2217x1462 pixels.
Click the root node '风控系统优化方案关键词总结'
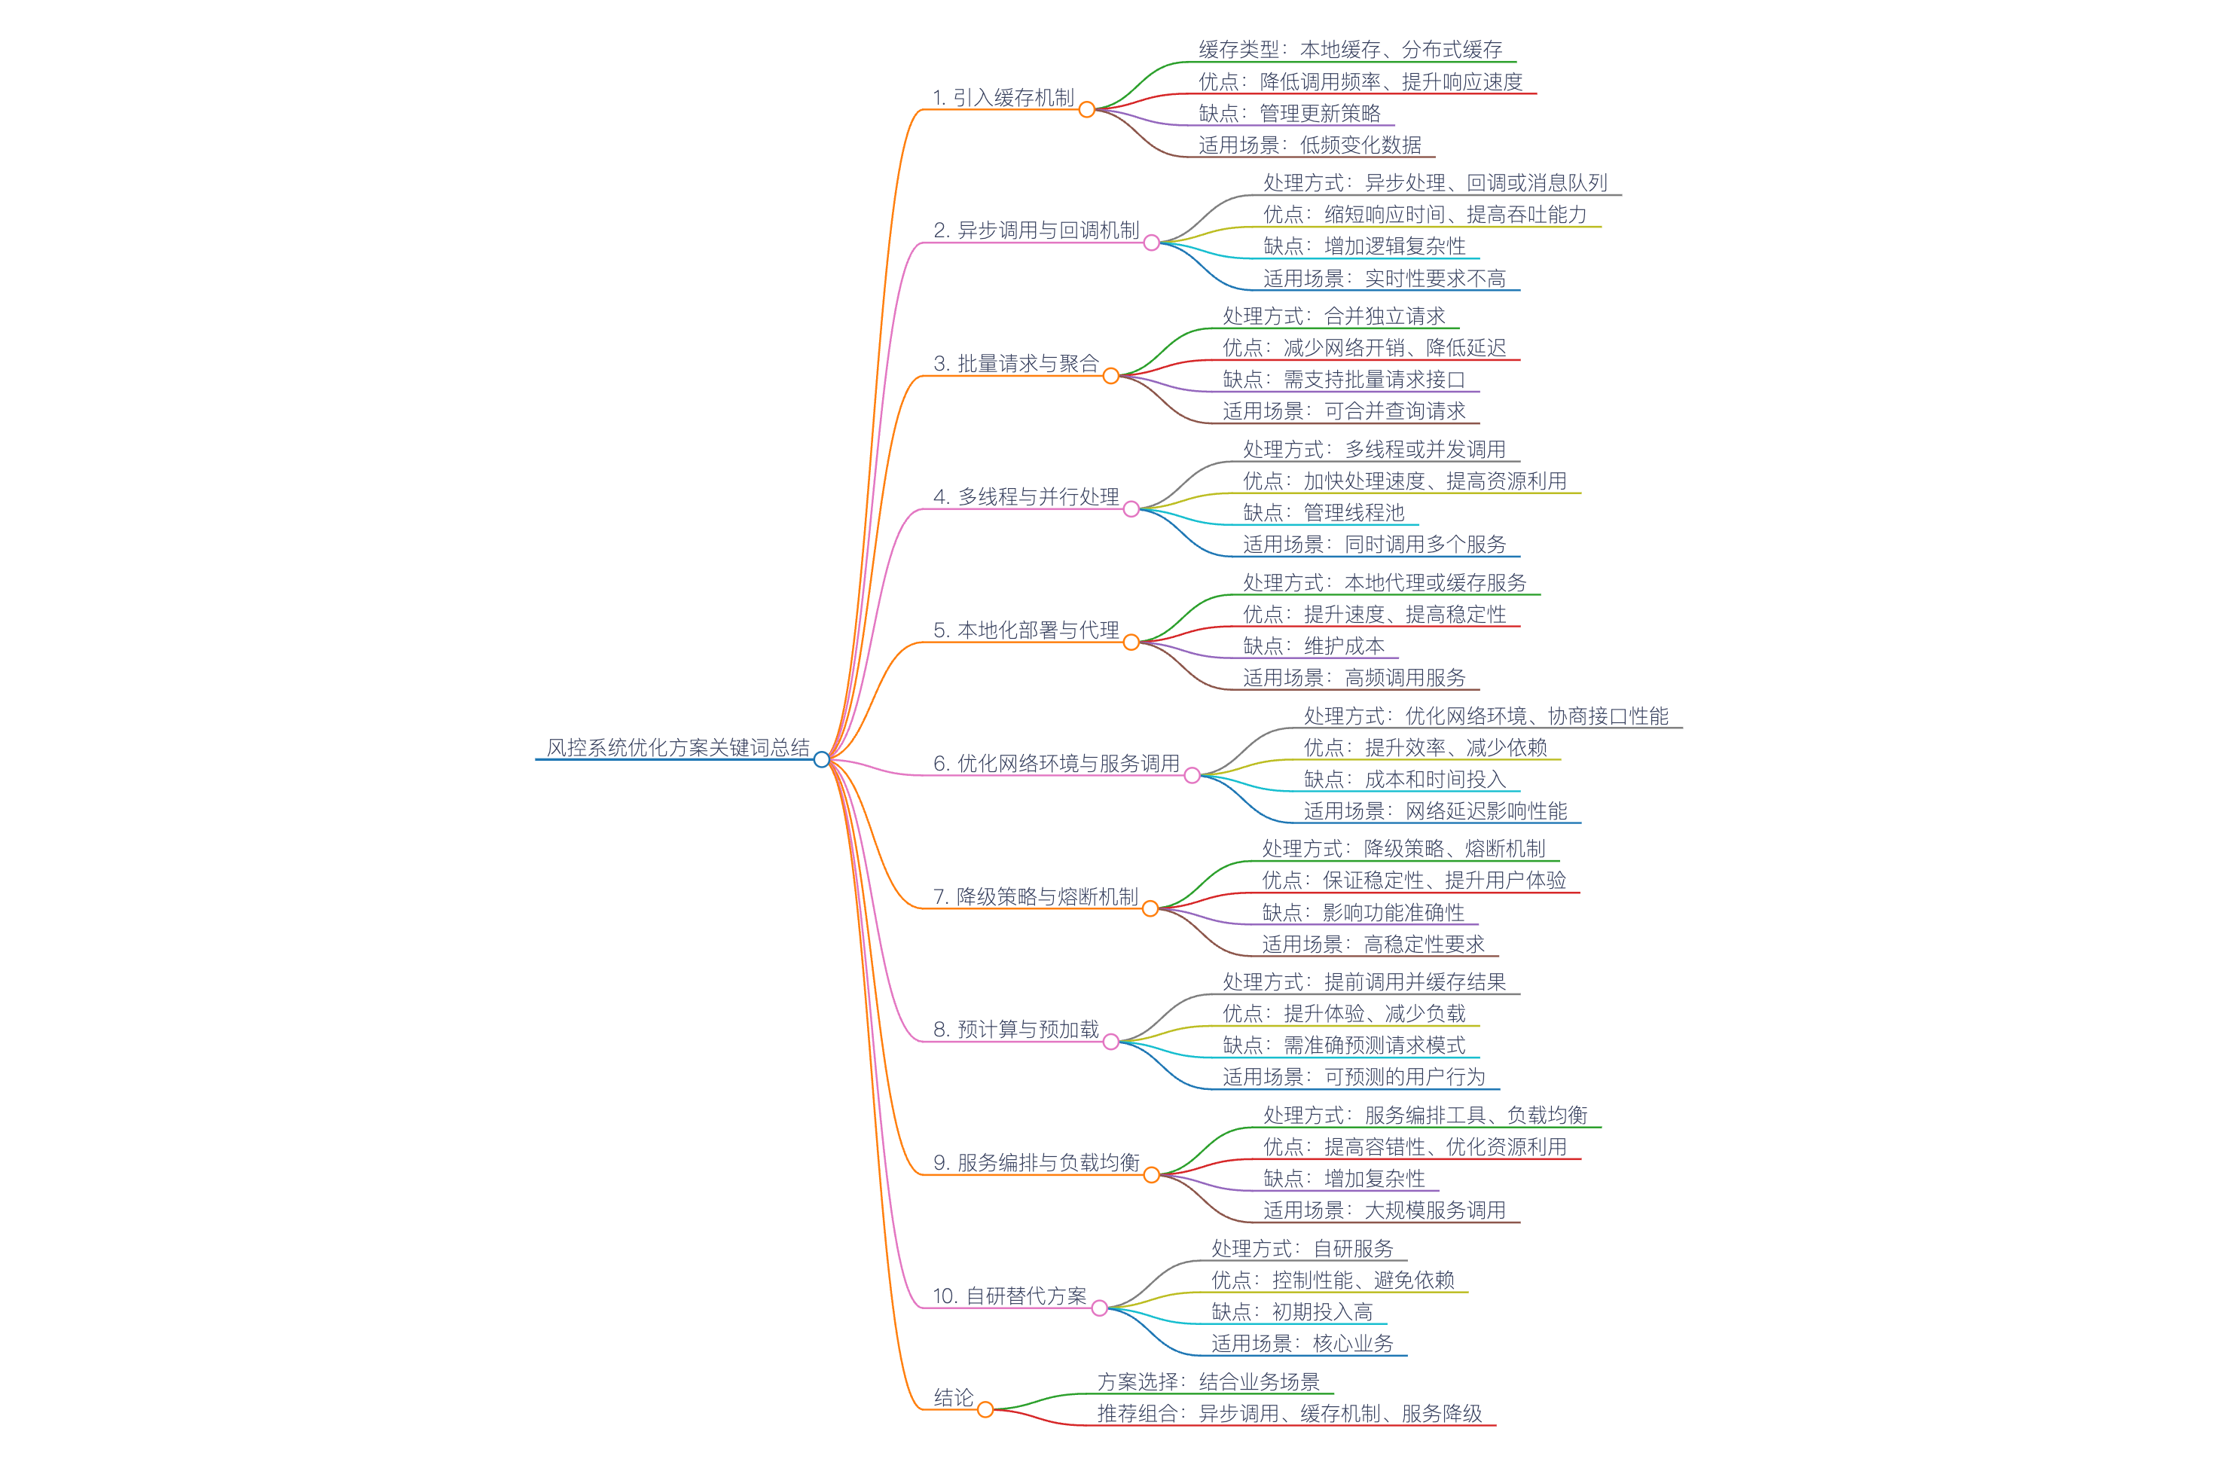[678, 747]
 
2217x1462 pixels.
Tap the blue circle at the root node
[821, 759]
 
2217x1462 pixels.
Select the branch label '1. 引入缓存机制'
[1003, 97]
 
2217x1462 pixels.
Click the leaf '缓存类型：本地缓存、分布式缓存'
[1350, 50]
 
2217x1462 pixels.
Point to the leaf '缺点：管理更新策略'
[1290, 113]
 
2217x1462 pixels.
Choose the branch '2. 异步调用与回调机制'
[1036, 230]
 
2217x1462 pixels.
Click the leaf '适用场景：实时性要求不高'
[1385, 278]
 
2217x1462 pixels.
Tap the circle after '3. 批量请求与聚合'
[1110, 376]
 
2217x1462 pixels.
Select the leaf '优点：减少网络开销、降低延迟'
[1364, 348]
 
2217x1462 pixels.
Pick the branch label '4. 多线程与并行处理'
[1025, 496]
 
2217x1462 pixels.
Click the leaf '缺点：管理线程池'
[1323, 512]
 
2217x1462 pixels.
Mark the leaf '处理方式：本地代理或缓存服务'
[1385, 583]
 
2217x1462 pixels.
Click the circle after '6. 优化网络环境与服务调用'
[1192, 776]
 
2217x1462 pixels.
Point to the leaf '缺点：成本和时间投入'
[1404, 779]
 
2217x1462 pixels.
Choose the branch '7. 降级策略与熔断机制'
[1035, 896]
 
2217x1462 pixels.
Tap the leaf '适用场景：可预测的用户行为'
[1354, 1077]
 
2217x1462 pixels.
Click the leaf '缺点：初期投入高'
[1291, 1312]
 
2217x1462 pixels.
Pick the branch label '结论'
[953, 1396]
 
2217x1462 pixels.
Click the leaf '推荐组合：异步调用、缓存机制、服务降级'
[1290, 1414]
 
